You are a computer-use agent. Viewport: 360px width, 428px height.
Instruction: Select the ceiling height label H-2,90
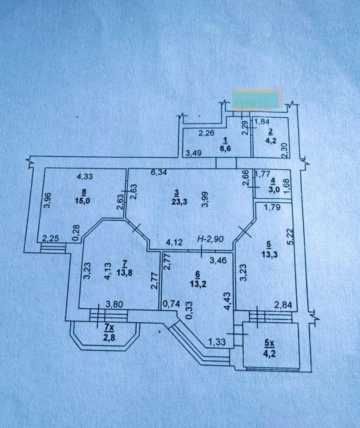tap(211, 239)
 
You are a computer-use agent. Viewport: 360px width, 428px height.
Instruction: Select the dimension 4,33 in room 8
tap(84, 177)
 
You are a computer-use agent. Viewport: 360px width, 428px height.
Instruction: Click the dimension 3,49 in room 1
tap(193, 153)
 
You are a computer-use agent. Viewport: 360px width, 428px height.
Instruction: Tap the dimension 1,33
tap(217, 342)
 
